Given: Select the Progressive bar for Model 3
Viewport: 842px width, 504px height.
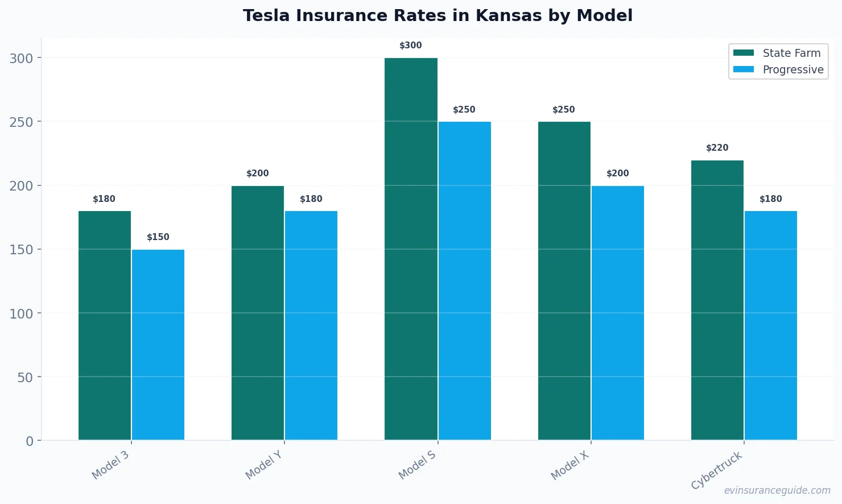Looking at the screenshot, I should click(x=158, y=345).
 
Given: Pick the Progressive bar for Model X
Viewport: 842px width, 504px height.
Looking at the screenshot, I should click(x=618, y=313).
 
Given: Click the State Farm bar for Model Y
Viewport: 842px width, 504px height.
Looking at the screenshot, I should click(x=257, y=313).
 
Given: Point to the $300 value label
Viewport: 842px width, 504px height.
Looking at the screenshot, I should click(x=411, y=46).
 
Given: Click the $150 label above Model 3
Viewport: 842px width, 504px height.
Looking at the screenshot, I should click(x=158, y=237).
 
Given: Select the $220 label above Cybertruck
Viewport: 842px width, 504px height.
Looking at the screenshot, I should click(x=717, y=148).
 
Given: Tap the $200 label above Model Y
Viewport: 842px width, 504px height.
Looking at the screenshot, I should click(x=257, y=173).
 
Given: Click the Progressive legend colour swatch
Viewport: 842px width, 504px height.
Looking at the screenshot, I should click(x=743, y=69).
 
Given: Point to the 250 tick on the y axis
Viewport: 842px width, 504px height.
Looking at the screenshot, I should click(x=21, y=122).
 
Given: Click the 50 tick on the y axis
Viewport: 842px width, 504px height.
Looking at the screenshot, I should click(x=25, y=377).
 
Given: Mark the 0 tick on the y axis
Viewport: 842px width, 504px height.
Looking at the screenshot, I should click(x=30, y=441).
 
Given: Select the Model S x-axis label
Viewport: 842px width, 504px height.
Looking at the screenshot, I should click(x=417, y=465).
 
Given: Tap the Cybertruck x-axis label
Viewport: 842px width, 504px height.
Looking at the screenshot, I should click(x=717, y=470).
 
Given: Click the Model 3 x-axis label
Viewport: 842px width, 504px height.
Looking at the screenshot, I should click(x=110, y=465).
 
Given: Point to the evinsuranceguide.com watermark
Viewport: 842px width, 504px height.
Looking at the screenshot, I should click(x=777, y=490).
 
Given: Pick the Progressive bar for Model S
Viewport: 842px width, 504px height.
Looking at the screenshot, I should click(x=465, y=281).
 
